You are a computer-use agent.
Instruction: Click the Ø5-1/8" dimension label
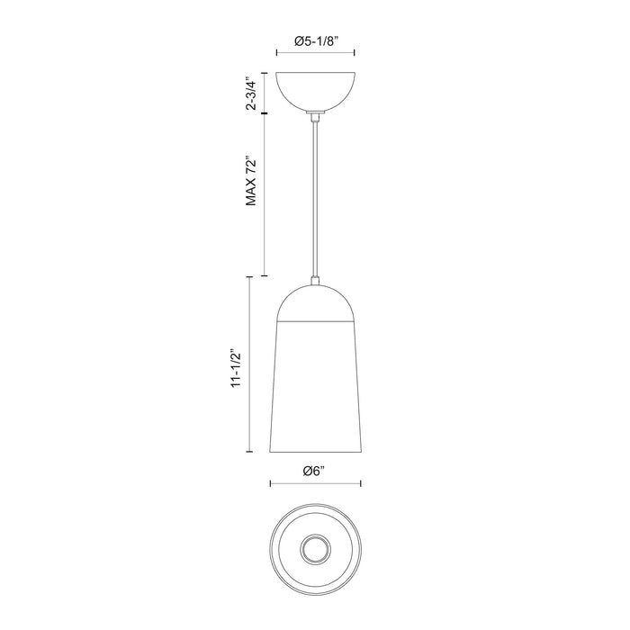tap(314, 40)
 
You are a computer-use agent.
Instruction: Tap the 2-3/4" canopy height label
tap(254, 94)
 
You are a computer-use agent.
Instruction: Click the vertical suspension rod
tap(314, 198)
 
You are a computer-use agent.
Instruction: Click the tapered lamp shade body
tap(314, 387)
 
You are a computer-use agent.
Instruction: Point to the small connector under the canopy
tap(314, 115)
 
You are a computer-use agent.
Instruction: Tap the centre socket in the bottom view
tap(314, 547)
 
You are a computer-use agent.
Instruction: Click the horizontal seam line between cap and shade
tap(314, 321)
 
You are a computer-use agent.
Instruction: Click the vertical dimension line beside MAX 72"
tap(264, 194)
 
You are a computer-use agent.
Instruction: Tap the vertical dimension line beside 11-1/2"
tap(249, 368)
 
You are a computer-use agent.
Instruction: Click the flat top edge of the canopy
tap(314, 72)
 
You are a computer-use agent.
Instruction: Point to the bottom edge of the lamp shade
tap(314, 455)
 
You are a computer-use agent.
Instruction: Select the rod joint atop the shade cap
tap(314, 282)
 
